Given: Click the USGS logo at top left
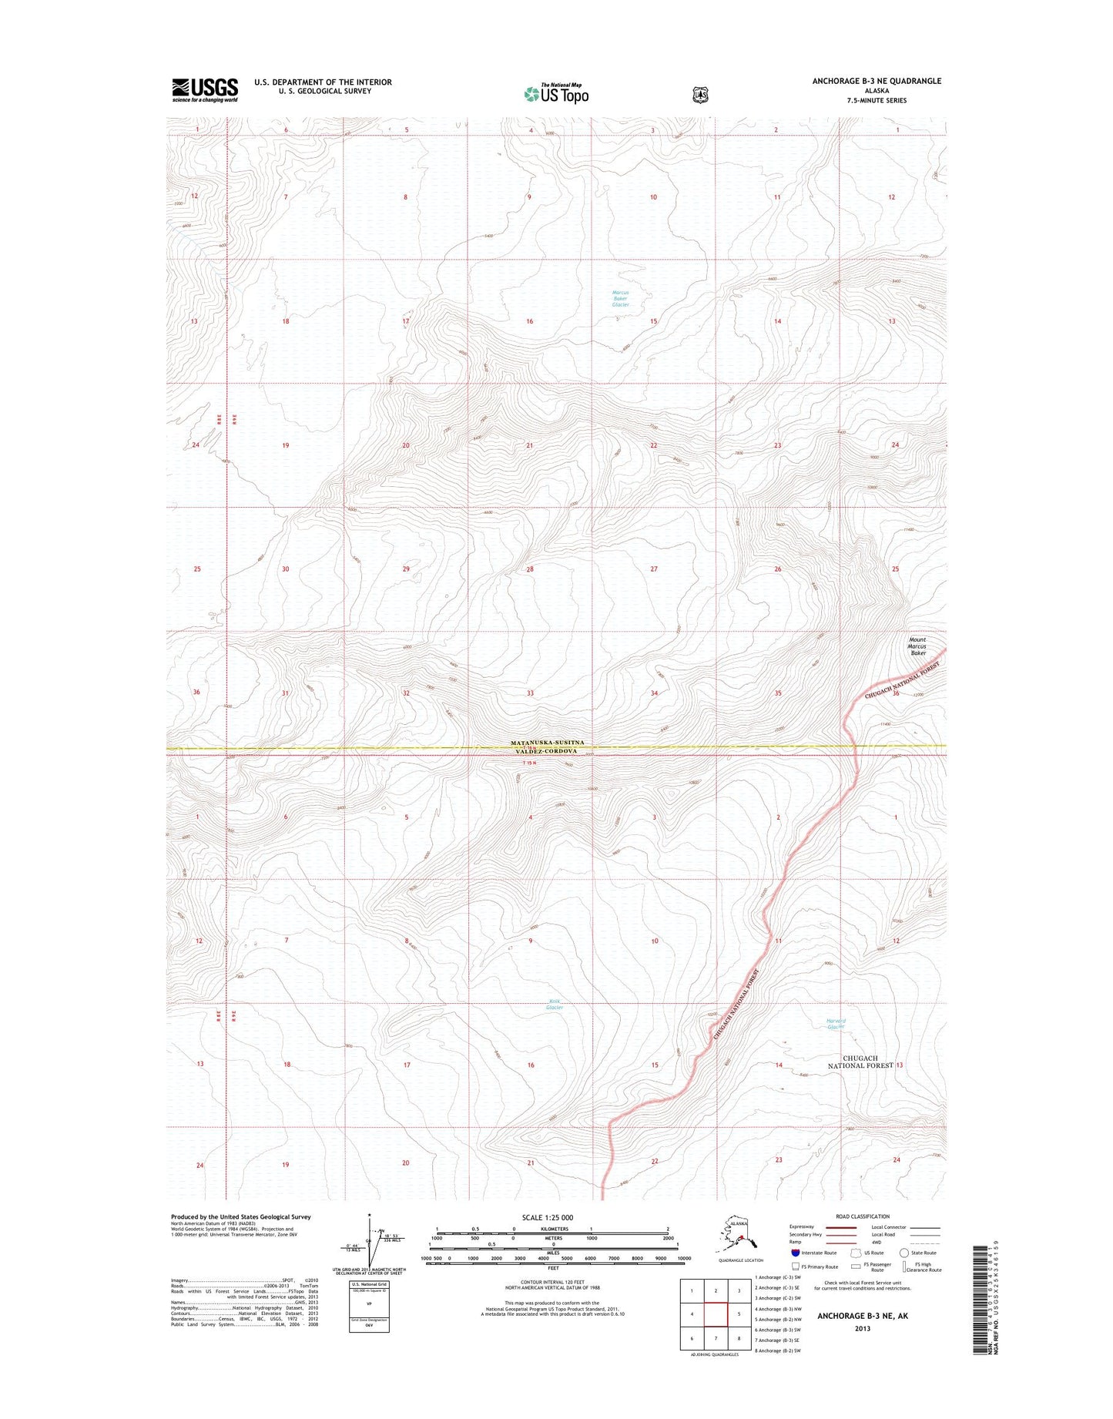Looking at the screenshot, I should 204,89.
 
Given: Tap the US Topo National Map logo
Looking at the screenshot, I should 556,93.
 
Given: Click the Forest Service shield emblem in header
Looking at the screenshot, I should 699,94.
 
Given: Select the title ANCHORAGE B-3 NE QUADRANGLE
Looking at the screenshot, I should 877,81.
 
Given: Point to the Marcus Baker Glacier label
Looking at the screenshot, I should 620,298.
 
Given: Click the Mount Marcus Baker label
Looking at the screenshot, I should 917,646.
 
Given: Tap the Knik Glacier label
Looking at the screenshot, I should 555,1004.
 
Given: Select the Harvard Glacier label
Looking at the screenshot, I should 836,1025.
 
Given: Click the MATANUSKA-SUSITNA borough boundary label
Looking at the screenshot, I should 547,743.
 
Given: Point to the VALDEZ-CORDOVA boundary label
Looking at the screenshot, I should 547,752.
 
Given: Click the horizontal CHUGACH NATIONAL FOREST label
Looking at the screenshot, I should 860,1062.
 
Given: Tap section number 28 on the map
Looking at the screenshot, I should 530,569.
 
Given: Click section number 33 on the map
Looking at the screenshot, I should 530,693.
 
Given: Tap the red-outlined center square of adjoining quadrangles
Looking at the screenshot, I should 716,1314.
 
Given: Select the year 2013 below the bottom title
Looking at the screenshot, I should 862,1328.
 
